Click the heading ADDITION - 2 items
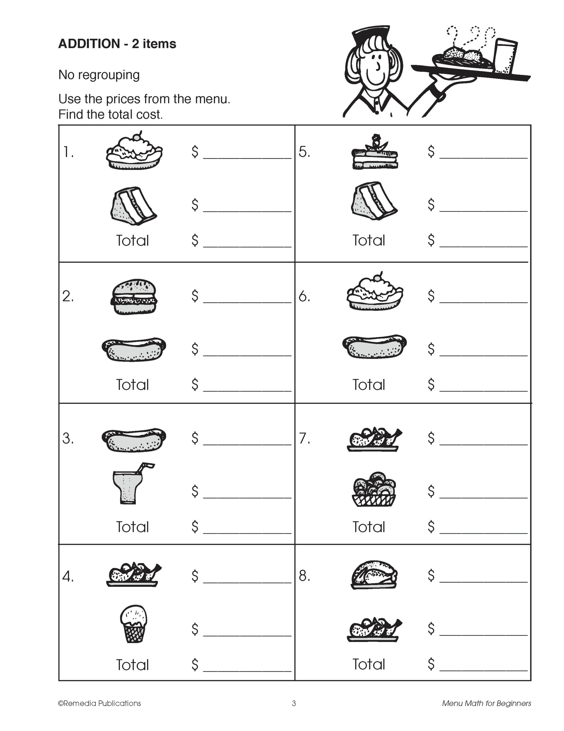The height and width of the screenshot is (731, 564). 117,44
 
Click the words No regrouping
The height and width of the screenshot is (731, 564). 99,75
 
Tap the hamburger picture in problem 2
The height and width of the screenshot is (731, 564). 134,297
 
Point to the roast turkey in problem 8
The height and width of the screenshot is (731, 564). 374,574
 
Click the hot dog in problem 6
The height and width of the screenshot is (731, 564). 374,346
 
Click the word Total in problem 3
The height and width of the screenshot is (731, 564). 132,527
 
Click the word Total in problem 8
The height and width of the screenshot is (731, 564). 369,664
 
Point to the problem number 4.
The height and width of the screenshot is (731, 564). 68,576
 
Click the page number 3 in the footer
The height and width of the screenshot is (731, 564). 294,703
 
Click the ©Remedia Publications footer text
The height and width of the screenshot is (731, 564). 99,703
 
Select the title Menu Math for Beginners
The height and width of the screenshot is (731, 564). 486,703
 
